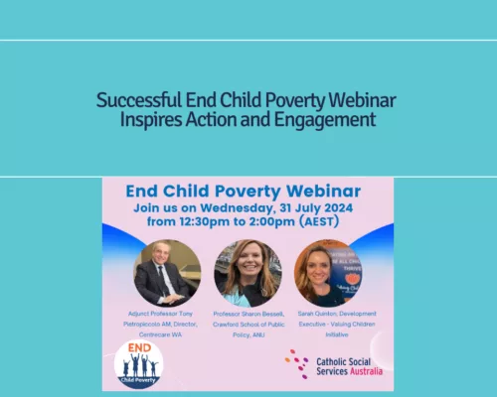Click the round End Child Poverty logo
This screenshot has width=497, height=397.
(x=139, y=363)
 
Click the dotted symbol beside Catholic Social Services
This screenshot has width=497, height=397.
(x=296, y=364)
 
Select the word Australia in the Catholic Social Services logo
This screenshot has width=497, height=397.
(x=364, y=371)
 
